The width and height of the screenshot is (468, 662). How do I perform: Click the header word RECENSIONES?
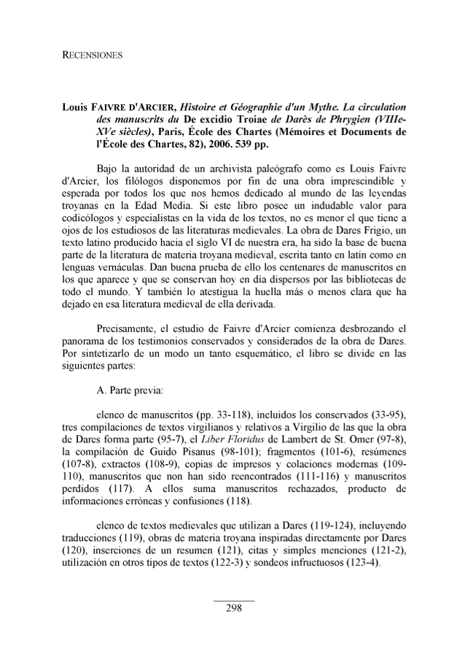coord(91,55)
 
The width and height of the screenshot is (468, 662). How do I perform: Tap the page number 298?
coord(234,609)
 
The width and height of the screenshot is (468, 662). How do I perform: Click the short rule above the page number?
coord(234,601)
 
